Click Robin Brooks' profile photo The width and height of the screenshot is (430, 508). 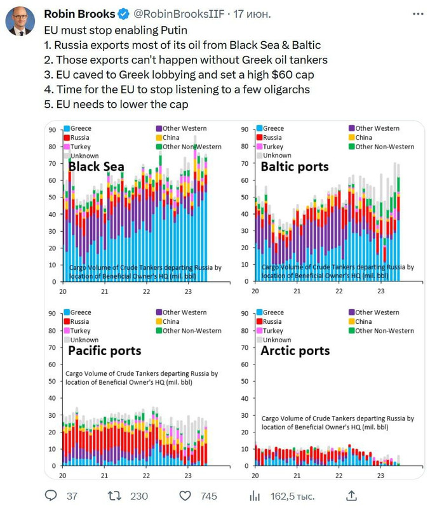[20, 20]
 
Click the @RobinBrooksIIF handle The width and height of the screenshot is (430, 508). [168, 13]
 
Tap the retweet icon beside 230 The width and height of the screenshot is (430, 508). [115, 495]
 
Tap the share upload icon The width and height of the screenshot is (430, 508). [351, 495]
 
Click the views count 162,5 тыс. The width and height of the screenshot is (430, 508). [292, 495]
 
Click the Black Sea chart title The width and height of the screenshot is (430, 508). [96, 166]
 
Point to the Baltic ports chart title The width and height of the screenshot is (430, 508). [295, 166]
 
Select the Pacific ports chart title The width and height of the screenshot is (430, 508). [104, 351]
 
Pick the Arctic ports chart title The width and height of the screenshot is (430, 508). [295, 351]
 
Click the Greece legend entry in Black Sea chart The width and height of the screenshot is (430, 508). [80, 129]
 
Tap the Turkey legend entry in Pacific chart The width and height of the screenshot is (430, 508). [80, 331]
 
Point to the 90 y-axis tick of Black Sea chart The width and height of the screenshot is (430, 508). [53, 130]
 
